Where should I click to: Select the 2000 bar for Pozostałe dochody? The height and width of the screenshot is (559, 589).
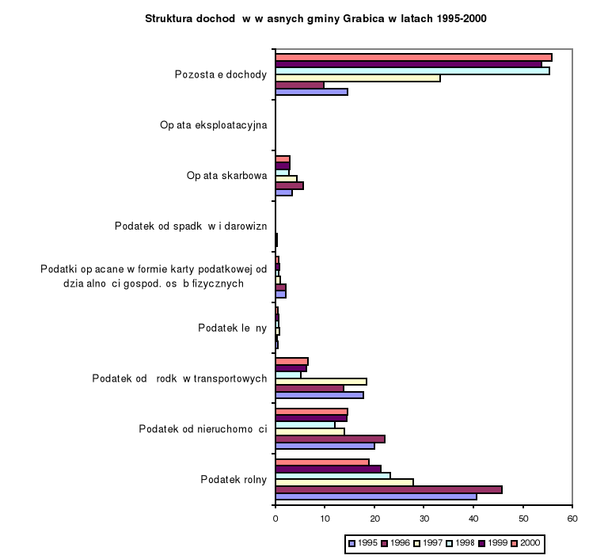(x=413, y=57)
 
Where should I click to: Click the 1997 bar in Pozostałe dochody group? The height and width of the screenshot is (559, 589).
(x=357, y=78)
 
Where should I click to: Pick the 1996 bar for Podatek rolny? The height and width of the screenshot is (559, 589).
(x=388, y=489)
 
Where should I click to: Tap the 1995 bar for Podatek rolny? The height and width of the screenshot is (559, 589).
(x=375, y=496)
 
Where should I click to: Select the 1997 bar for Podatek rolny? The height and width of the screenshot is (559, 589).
(x=344, y=482)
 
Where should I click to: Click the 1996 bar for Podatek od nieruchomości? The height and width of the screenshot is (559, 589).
(x=329, y=439)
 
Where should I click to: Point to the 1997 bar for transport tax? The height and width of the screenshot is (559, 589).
(x=321, y=381)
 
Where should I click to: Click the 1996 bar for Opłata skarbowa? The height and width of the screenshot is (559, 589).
(x=289, y=185)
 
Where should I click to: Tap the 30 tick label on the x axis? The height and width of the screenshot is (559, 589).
(x=424, y=519)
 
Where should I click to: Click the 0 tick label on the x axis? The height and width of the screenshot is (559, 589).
(x=275, y=519)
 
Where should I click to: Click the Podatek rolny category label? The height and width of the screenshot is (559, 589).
(x=234, y=479)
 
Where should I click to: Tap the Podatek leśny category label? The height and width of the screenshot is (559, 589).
(x=232, y=328)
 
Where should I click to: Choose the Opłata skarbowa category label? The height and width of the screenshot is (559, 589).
(x=226, y=176)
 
